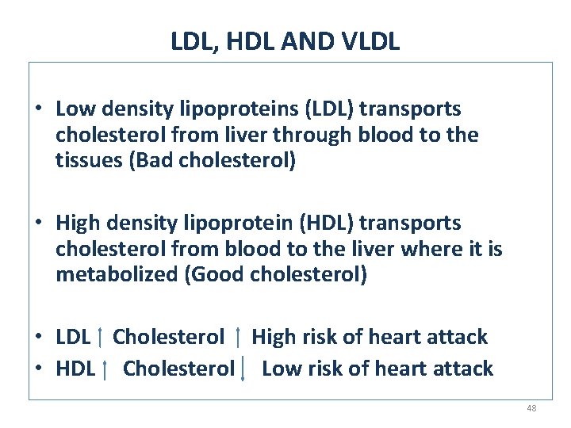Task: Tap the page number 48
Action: click(531, 408)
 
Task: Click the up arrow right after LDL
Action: click(100, 338)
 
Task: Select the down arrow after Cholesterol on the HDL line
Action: click(243, 369)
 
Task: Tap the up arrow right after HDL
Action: click(105, 369)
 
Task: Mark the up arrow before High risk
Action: click(239, 338)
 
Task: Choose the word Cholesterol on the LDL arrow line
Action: click(168, 337)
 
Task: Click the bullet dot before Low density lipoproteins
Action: click(38, 109)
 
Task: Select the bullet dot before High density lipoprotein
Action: click(38, 224)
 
